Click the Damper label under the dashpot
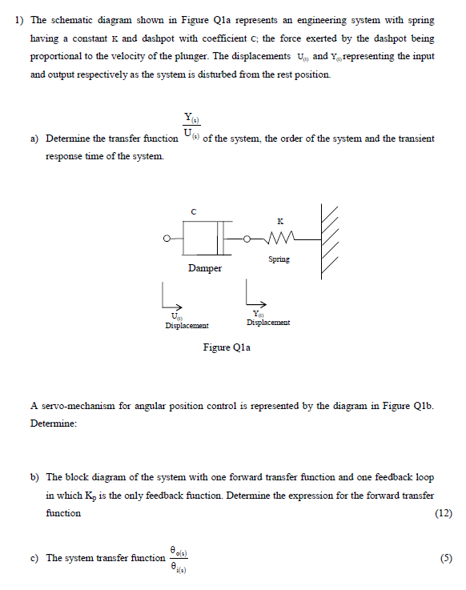pos(205,268)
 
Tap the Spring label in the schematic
pos(279,259)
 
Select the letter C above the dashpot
pos(193,211)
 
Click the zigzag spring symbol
pos(278,237)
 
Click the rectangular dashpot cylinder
pos(207,238)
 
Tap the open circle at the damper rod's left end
pos(166,238)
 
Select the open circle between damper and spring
pos(248,238)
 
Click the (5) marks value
pos(445,558)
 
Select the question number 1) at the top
pos(19,22)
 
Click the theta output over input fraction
pos(179,558)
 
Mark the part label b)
pos(35,477)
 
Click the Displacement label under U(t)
pos(187,326)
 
